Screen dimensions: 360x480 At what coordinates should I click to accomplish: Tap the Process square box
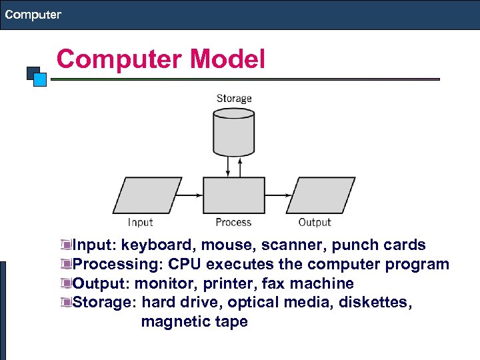pos(233,195)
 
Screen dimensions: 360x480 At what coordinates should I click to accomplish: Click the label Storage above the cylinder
pos(233,99)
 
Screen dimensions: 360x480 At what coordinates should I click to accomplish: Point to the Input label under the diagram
pos(140,222)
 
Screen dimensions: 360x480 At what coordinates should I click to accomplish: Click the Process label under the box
pos(233,222)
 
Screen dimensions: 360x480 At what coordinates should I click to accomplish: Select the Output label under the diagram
pos(314,222)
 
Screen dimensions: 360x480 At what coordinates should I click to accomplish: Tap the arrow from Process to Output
pos(278,195)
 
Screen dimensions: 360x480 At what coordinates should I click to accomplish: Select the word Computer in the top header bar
pos(33,14)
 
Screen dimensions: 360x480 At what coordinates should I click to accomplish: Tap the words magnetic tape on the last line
pos(194,321)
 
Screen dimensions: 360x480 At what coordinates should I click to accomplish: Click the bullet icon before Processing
pos(65,265)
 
